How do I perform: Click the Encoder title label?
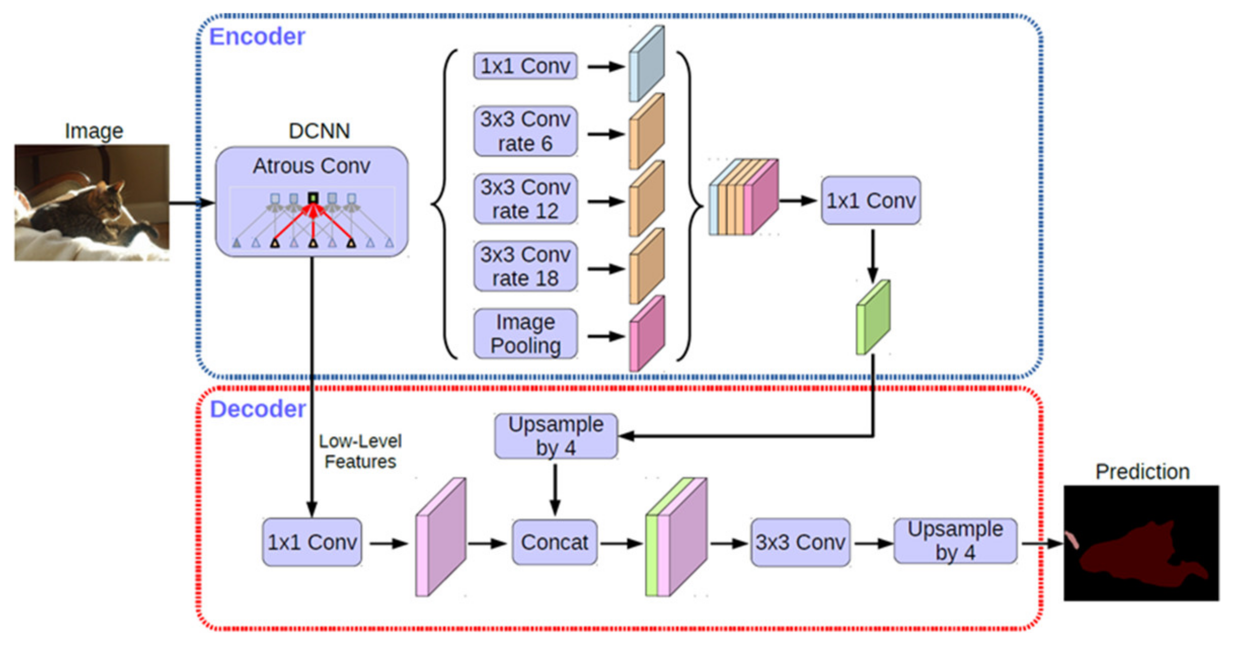point(257,37)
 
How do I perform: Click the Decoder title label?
point(257,409)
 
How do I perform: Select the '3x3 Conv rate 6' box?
point(525,132)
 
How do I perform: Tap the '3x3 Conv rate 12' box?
point(525,199)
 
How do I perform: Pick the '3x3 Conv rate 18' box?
point(525,266)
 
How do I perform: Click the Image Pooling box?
point(525,334)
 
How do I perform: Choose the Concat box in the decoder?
point(554,542)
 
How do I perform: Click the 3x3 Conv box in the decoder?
point(800,542)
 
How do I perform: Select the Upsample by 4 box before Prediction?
point(955,541)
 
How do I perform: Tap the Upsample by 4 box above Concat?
point(556,436)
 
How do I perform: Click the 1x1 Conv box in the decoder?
point(312,542)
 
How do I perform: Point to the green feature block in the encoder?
point(873,318)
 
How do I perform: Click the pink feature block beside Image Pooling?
point(647,334)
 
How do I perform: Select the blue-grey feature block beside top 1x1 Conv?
point(647,64)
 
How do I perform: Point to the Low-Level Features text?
point(360,452)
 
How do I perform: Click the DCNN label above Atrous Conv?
point(319,131)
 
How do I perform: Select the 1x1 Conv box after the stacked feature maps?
point(871,200)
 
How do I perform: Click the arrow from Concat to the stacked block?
point(621,544)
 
